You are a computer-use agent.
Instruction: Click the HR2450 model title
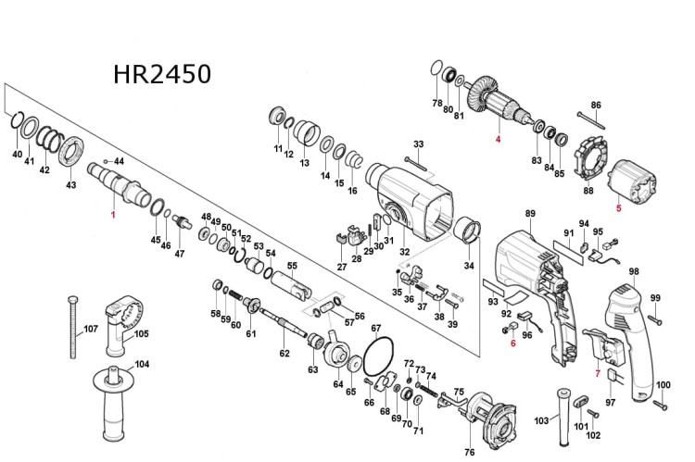[x=162, y=73]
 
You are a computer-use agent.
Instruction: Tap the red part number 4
[x=497, y=140]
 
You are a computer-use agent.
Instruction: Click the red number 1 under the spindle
[x=113, y=215]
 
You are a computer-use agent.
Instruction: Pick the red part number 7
[x=598, y=375]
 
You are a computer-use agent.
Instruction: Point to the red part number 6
[x=512, y=343]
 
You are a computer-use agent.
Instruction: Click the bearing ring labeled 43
[x=71, y=150]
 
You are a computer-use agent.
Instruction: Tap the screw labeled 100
[x=661, y=404]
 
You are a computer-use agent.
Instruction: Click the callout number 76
[x=469, y=452]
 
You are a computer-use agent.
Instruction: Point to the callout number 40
[x=17, y=153]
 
